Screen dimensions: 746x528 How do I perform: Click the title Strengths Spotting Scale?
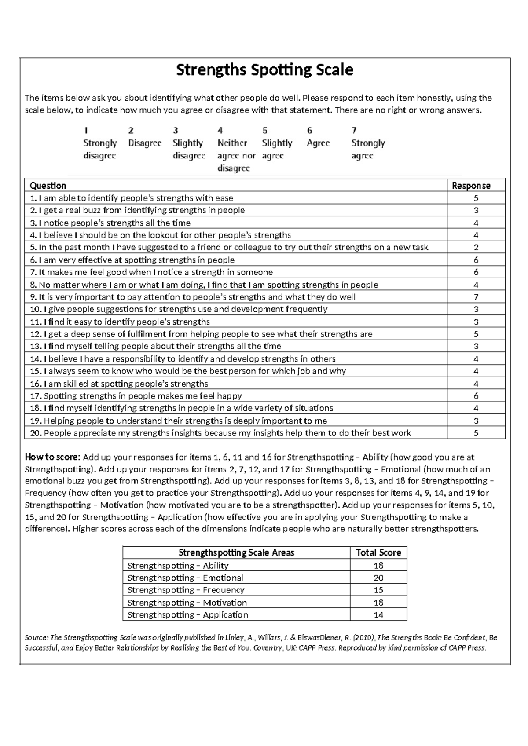click(x=264, y=70)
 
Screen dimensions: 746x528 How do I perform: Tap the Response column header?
click(x=471, y=186)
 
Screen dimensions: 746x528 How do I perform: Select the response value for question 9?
click(x=476, y=297)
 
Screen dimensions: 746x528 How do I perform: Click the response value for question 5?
click(x=476, y=248)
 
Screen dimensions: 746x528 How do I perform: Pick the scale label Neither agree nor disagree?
click(x=236, y=156)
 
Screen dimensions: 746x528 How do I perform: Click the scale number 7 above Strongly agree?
click(x=354, y=131)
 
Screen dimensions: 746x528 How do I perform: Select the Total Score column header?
click(x=378, y=552)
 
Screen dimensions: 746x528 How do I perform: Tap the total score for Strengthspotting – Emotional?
click(x=378, y=578)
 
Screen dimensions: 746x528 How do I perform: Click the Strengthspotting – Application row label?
click(x=188, y=614)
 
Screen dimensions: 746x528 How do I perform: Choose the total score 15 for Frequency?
click(x=378, y=590)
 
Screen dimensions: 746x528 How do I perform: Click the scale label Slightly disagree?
click(x=189, y=150)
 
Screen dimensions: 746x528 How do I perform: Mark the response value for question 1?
click(x=476, y=198)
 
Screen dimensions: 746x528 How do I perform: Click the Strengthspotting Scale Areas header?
click(x=236, y=552)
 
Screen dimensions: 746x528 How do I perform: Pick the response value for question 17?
click(x=476, y=396)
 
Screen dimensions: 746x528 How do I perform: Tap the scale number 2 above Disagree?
click(x=131, y=131)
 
